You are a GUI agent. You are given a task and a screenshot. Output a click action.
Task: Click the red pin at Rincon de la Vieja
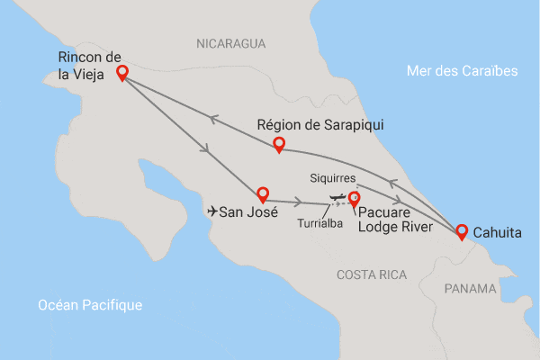121,73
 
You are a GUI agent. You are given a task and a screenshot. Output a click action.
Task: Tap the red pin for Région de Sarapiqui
279,144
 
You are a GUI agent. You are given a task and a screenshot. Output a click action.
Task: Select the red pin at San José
263,193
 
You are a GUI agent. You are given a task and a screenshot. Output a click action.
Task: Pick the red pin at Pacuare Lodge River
354,199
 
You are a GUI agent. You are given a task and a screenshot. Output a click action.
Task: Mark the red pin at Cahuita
461,231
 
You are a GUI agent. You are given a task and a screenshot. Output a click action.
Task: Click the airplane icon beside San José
212,212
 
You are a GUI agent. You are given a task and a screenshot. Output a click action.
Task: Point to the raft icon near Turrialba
337,196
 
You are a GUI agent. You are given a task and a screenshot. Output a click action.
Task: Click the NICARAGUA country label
232,43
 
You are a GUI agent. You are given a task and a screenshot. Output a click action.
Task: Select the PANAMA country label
470,288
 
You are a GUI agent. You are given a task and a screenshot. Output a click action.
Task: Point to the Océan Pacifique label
90,306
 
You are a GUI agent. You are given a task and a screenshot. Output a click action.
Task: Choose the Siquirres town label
333,177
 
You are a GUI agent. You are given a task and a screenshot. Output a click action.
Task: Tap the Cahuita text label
497,232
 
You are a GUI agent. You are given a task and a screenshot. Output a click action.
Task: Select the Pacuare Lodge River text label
396,220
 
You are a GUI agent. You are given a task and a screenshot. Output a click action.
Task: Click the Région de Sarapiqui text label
320,125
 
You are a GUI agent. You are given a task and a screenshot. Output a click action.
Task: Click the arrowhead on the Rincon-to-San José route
208,149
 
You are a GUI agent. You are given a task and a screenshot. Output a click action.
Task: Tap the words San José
248,212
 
